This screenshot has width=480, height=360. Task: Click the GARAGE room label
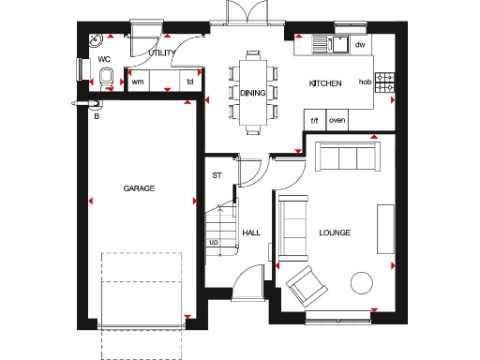[x=139, y=188]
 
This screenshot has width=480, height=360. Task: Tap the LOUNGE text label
[x=335, y=232]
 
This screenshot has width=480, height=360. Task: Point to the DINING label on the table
[x=253, y=93]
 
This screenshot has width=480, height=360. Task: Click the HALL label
[x=250, y=232]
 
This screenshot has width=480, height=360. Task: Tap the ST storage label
[x=217, y=175]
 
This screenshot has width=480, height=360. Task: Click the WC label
[x=104, y=58]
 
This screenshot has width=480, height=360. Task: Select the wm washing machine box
[x=138, y=82]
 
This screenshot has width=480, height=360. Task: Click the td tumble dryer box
[x=190, y=82]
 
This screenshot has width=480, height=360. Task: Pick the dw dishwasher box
[x=359, y=44]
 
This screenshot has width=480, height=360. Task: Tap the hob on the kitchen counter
[x=366, y=83]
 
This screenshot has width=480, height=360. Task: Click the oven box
[x=337, y=120]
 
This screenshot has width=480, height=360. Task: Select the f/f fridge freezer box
[x=315, y=120]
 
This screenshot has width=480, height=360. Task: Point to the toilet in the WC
[x=106, y=79]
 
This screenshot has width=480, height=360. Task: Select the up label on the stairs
[x=214, y=242]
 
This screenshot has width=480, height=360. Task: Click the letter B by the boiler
[x=96, y=116]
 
